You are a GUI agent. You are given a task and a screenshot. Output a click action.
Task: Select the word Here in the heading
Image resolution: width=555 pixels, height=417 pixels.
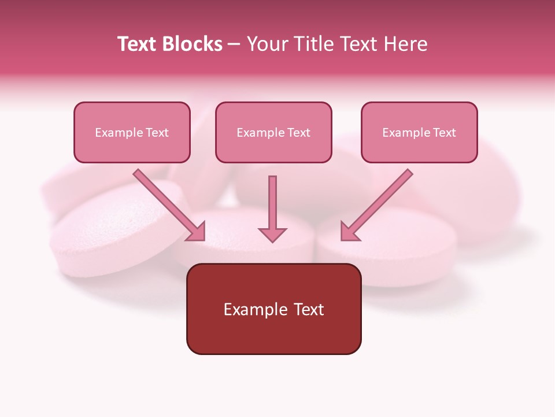tap(405, 44)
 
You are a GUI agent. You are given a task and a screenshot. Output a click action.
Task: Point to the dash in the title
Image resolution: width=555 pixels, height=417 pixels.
tap(234, 45)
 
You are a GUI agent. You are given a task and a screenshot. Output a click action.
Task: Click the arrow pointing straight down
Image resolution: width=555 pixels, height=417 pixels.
tap(272, 209)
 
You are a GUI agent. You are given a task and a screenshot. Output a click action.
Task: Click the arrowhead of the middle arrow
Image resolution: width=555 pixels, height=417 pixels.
tap(272, 233)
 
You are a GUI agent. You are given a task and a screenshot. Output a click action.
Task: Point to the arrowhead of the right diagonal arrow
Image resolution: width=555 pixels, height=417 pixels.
tap(349, 232)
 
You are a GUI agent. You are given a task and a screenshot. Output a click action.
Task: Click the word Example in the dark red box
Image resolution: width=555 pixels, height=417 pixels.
tap(255, 310)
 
